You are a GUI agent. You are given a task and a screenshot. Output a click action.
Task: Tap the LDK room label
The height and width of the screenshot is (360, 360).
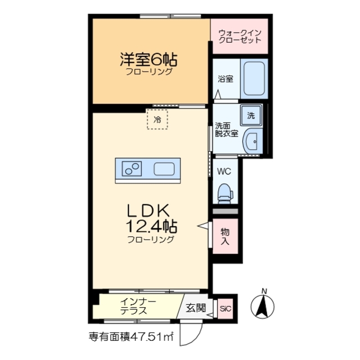point(149,210)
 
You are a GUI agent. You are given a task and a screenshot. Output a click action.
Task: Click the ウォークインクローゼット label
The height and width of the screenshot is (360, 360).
point(240,36)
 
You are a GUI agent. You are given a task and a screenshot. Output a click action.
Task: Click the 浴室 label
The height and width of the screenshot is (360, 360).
point(226,79)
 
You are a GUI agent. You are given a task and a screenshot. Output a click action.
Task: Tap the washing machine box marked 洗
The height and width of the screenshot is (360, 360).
point(251,116)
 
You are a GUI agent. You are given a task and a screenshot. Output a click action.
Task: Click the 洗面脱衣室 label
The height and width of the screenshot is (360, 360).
point(226,129)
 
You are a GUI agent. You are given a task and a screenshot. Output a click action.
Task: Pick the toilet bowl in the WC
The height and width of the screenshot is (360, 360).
point(225,192)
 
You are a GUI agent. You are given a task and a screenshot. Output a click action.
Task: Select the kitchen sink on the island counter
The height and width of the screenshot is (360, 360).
point(165,168)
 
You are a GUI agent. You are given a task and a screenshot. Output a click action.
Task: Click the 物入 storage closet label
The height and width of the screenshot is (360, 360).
point(224,236)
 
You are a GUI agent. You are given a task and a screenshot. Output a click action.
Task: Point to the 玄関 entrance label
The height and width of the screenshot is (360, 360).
point(195,308)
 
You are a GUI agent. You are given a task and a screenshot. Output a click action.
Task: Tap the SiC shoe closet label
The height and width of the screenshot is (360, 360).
point(226,308)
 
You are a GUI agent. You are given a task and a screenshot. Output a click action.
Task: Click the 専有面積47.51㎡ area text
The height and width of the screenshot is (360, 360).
point(130,337)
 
